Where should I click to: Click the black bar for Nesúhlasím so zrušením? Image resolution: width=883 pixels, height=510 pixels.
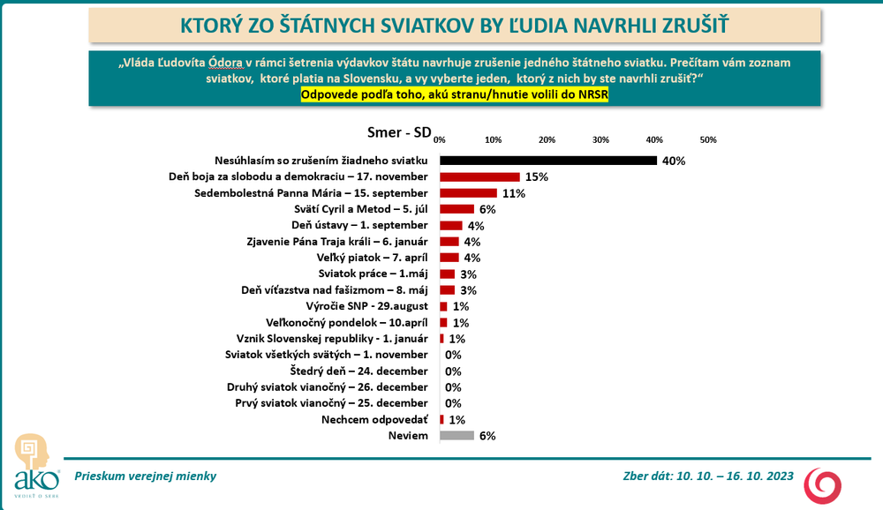point(548,161)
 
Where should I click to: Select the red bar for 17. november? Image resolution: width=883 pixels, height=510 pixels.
point(479,176)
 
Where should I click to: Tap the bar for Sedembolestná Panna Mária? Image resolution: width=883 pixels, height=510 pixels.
point(469,193)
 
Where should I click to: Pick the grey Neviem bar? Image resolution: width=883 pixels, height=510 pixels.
point(457,435)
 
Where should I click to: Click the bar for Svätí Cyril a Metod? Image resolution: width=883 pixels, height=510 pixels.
point(457,209)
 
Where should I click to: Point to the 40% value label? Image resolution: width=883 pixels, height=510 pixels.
point(674,161)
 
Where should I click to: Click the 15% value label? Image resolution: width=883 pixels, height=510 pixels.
point(536,176)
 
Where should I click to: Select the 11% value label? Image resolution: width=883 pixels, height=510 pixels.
point(514,193)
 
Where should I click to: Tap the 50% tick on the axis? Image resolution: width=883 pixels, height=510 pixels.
point(707,140)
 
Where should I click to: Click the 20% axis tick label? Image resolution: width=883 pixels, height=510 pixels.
point(547,140)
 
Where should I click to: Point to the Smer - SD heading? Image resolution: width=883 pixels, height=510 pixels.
point(399,132)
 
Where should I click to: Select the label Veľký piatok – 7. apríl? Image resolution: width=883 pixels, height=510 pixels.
point(372,258)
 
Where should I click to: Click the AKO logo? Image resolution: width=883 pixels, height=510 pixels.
point(36,463)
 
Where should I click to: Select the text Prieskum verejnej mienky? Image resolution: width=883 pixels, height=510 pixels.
point(146,476)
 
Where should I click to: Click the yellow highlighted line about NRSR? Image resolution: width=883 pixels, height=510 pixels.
point(455,94)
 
